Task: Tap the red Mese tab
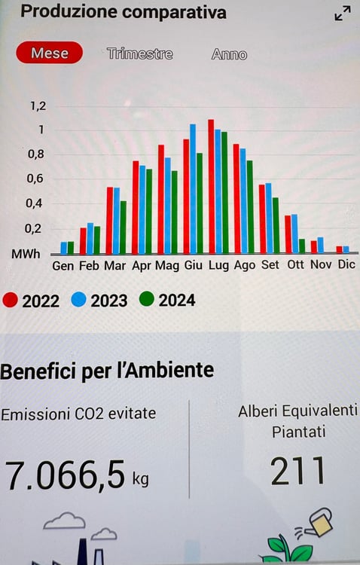49,53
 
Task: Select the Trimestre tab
139,54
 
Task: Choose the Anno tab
229,54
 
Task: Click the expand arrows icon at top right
343,13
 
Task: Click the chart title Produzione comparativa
123,13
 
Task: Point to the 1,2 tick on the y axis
38,105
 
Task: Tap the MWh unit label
26,255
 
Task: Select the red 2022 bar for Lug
211,187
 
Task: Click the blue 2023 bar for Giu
193,189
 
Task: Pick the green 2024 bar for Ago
249,207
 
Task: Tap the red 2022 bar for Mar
110,220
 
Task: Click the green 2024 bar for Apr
149,211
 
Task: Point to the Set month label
270,265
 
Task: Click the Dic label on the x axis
346,265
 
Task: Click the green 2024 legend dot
147,300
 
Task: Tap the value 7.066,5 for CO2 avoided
65,475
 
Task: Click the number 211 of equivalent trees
297,472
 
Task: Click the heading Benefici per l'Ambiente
107,371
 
